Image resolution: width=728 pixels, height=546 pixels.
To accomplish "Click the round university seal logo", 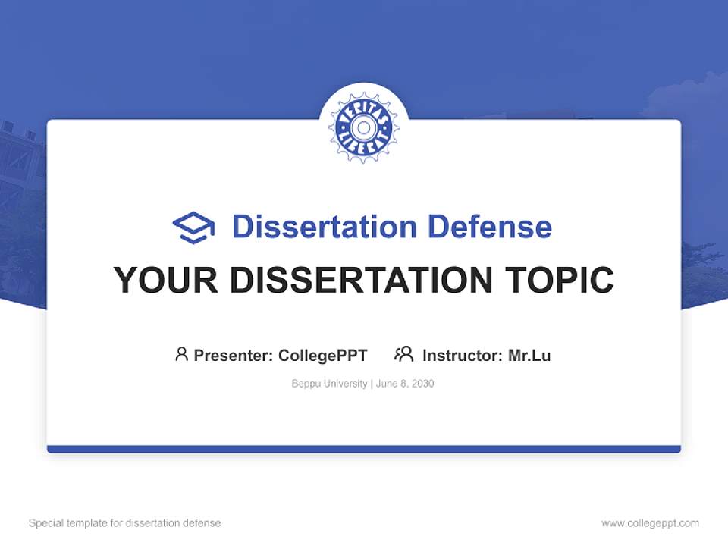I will coord(364,127).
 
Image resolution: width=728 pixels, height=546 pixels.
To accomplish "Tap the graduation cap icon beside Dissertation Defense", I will coord(193,227).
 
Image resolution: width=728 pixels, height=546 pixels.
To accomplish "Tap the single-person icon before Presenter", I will coord(181,354).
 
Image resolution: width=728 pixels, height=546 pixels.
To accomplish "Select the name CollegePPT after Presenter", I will coord(323,355).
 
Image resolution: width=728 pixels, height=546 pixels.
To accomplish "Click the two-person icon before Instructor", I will coord(404,354).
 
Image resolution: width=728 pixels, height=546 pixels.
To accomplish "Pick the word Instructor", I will coord(461,355).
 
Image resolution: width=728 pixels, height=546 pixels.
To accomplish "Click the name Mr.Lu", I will coord(529,355).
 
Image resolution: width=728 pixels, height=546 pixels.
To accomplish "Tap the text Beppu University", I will coord(329,384).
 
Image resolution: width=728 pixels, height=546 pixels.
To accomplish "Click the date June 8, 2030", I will coord(405,384).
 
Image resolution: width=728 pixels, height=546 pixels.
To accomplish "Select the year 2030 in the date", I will coord(422,384).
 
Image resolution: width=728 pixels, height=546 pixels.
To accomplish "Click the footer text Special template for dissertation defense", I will coord(124,523).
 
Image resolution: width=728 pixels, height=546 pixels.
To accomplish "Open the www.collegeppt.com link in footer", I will coord(650,523).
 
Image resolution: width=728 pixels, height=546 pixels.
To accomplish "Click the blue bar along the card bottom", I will coord(364,449).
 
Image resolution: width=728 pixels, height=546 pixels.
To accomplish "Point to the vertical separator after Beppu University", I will coord(371,384).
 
